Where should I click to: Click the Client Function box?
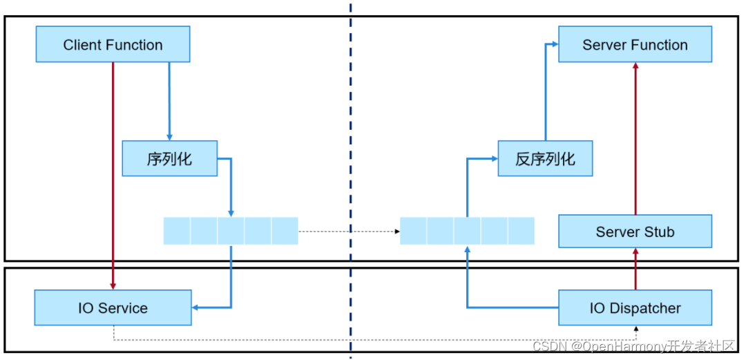click(x=113, y=45)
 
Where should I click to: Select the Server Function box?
click(x=635, y=45)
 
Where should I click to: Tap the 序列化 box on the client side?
click(x=169, y=158)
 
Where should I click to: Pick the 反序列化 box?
click(x=545, y=158)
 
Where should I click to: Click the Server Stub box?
click(x=635, y=231)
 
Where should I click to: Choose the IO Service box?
click(x=113, y=308)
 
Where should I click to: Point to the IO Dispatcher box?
click(x=635, y=308)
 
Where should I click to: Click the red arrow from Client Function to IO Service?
click(x=113, y=173)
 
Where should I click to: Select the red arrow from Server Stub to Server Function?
click(x=635, y=138)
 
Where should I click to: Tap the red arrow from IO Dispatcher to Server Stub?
click(x=635, y=269)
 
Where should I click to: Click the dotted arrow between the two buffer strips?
click(x=349, y=231)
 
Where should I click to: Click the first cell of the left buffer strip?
click(x=177, y=231)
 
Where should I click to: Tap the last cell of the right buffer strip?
click(x=522, y=231)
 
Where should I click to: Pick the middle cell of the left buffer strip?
click(x=231, y=231)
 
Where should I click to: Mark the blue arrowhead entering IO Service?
click(x=196, y=307)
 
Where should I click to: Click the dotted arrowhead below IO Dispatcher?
click(x=635, y=328)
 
